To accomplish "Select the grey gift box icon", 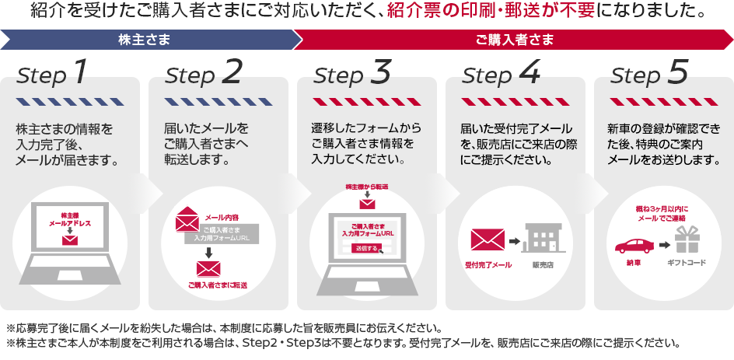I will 687,240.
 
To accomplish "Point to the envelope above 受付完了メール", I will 488,242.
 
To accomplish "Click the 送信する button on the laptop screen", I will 365,248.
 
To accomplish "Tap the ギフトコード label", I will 687,263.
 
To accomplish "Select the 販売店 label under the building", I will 543,264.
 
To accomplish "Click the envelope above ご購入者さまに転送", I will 208,269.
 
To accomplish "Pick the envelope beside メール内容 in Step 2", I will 188,221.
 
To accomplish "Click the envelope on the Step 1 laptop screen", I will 71,240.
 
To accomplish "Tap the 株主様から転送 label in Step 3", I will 366,188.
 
